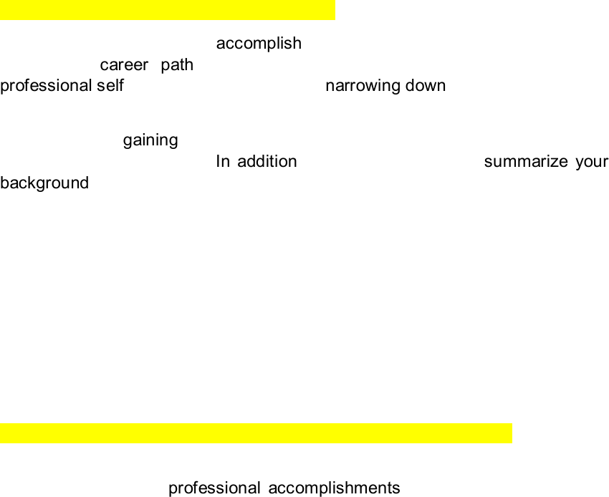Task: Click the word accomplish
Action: pos(259,44)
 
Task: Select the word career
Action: pos(124,65)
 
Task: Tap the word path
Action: pos(177,65)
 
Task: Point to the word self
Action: pos(111,86)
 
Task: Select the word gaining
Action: pos(150,140)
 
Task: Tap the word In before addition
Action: pos(223,161)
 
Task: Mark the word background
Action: pos(44,183)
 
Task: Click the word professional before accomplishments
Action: pos(214,488)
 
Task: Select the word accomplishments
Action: pos(334,488)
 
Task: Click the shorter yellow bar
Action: pos(167,10)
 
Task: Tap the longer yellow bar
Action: pos(256,433)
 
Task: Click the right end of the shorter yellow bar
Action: pos(332,10)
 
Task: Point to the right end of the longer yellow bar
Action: pos(510,433)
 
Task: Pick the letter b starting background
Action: pos(4,183)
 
